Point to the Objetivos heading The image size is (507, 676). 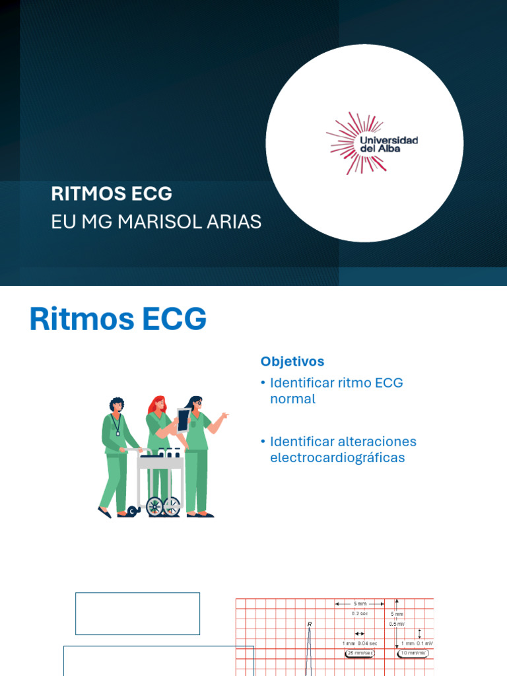pyautogui.click(x=292, y=361)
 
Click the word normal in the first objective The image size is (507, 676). pyautogui.click(x=292, y=399)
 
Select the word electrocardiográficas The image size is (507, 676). pyautogui.click(x=337, y=457)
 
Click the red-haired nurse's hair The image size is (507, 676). pyautogui.click(x=158, y=403)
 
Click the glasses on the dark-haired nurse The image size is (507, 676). pyautogui.click(x=197, y=403)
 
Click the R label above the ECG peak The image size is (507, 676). pyautogui.click(x=309, y=623)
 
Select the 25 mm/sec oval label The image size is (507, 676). pyautogui.click(x=360, y=653)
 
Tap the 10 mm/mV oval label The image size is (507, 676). pyautogui.click(x=414, y=653)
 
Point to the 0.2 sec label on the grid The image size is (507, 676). pyautogui.click(x=359, y=613)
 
